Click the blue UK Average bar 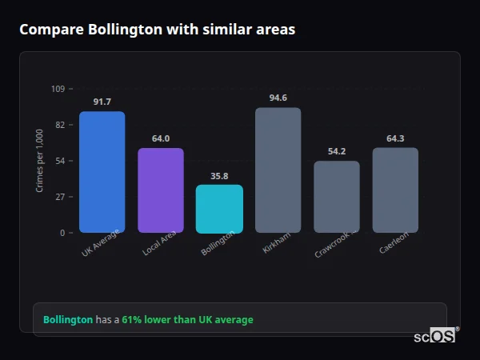102,172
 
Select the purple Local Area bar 161,190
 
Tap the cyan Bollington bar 219,209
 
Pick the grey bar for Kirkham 278,170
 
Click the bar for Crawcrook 336,197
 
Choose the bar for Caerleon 395,190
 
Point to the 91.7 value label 102,102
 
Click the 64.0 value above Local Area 161,138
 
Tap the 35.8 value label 219,176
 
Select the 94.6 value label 278,98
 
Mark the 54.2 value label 336,151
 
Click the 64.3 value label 395,138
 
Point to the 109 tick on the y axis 58,89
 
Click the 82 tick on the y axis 60,125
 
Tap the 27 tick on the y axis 60,197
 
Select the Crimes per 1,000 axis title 40,161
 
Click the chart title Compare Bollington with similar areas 157,30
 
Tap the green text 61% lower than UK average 187,320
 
